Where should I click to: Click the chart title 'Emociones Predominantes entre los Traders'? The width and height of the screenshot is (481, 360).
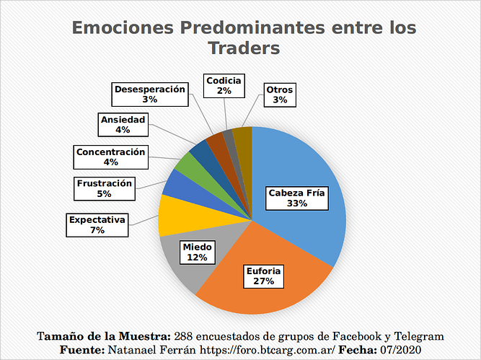click(244, 38)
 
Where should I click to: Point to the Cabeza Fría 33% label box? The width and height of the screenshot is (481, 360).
click(297, 198)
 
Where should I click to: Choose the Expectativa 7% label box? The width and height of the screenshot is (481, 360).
click(98, 224)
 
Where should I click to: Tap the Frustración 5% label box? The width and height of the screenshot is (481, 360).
click(105, 188)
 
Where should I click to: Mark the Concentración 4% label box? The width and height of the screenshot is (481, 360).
click(111, 157)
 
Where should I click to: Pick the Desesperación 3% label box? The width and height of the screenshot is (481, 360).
click(150, 94)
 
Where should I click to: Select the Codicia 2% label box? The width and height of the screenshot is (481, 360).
click(224, 85)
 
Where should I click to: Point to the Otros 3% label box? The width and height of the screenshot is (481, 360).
click(280, 95)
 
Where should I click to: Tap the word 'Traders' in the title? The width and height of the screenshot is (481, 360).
click(244, 48)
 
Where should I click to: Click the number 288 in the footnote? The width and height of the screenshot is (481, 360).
click(185, 336)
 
